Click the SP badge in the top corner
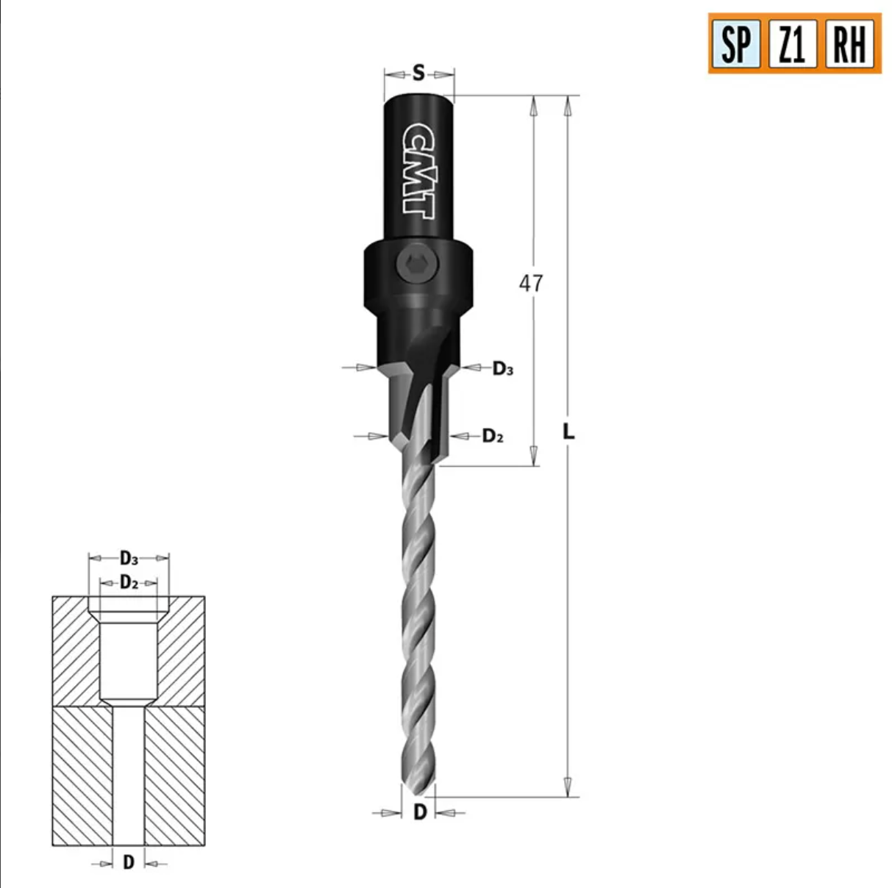pos(735,43)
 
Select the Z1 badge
pos(792,43)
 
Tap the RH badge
pos(849,43)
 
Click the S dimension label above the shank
pos(418,74)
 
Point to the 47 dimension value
pos(531,283)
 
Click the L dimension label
pos(568,432)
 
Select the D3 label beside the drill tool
pos(502,368)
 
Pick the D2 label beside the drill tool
pos(493,436)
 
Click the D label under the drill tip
pos(420,812)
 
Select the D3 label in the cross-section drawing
pos(129,558)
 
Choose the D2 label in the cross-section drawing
pos(129,583)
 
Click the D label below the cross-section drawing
pos(129,862)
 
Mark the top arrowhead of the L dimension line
pos(567,107)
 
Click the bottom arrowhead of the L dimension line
pos(567,785)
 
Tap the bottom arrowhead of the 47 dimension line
pos(535,455)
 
